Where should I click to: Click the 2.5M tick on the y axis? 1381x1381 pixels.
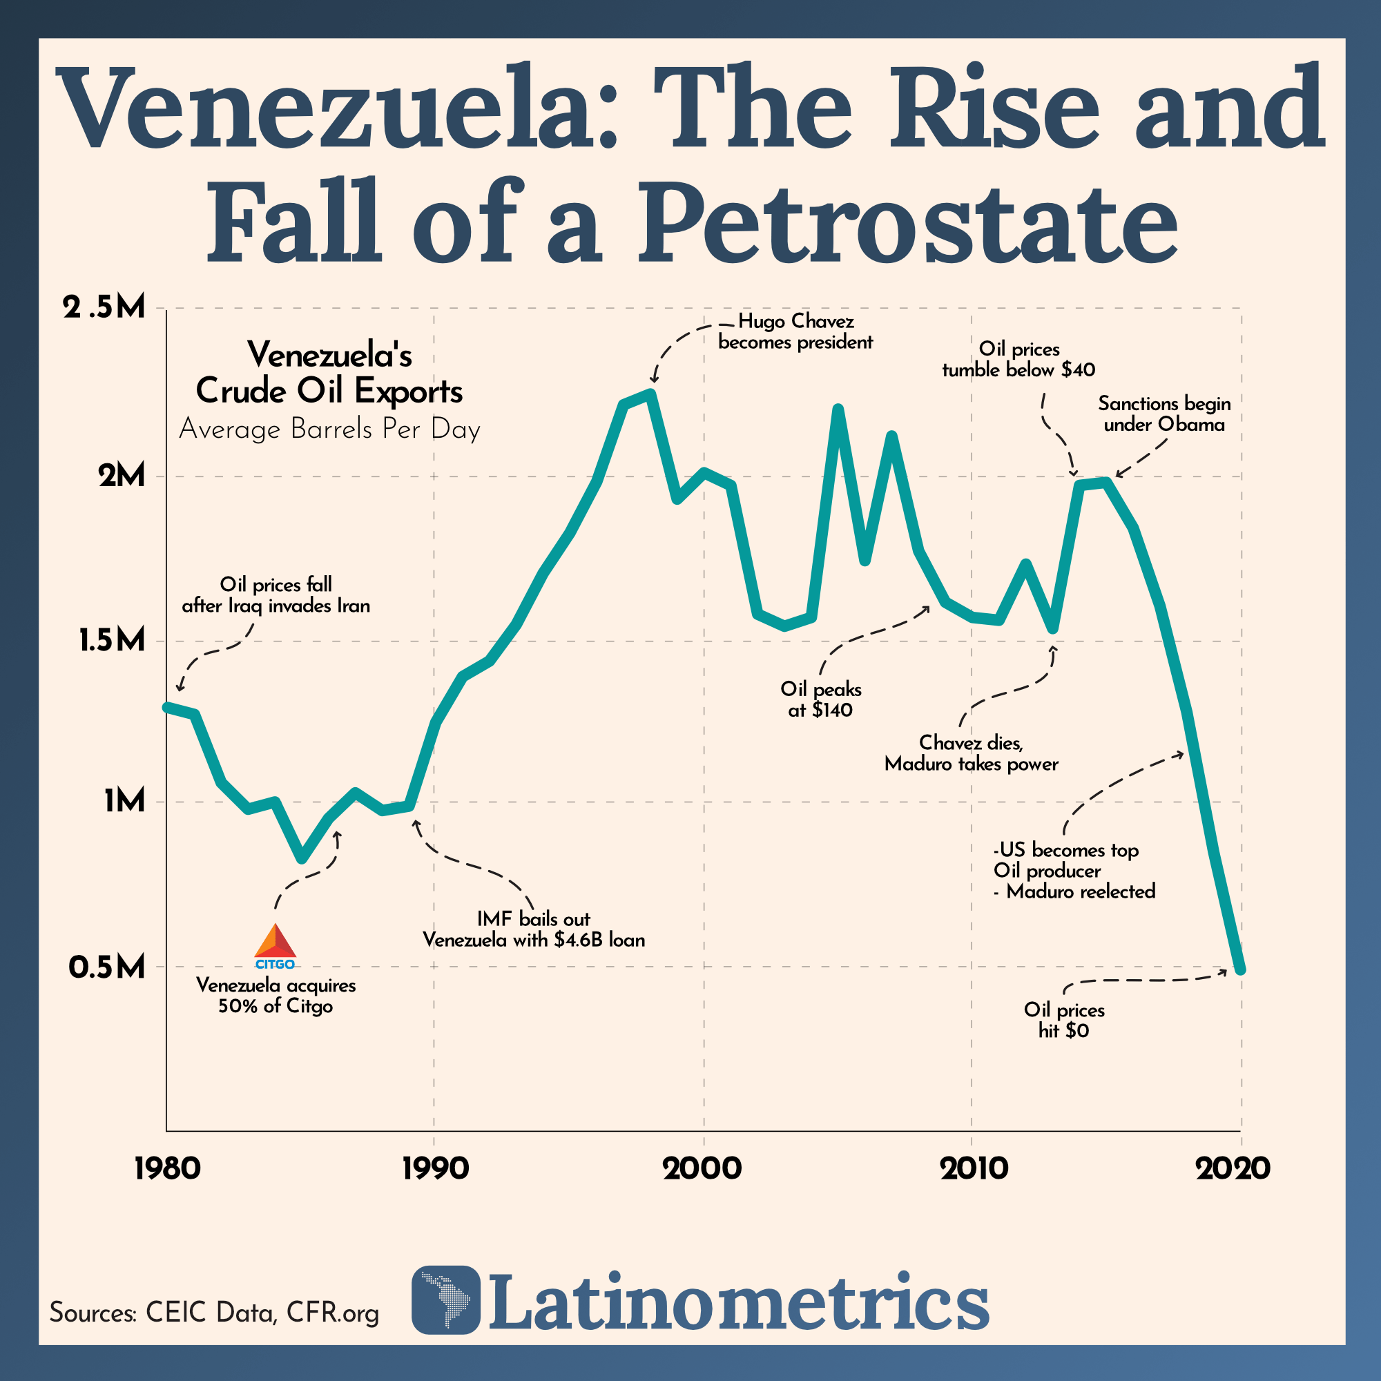(104, 308)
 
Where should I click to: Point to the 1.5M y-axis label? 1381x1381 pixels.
(111, 641)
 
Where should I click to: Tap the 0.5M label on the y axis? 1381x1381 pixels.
(107, 967)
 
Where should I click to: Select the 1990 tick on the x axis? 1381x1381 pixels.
(434, 1168)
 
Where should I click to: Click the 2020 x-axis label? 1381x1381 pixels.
(1233, 1168)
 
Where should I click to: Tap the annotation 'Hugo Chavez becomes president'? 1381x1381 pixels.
(795, 331)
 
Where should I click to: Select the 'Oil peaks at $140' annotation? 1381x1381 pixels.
(820, 699)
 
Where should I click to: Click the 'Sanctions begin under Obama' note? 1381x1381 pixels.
(1163, 414)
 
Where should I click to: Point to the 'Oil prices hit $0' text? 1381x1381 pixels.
(1063, 1020)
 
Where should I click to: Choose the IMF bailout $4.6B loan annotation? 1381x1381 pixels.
(533, 929)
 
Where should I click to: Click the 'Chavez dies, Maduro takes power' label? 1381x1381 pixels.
(971, 753)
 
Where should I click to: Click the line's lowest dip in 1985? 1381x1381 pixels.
(303, 858)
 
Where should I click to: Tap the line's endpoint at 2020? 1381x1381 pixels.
(1241, 969)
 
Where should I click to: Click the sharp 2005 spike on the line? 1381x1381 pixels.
(838, 408)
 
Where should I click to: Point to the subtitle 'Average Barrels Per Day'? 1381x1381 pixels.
(329, 429)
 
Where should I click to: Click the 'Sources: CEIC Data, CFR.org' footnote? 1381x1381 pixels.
(214, 1313)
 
